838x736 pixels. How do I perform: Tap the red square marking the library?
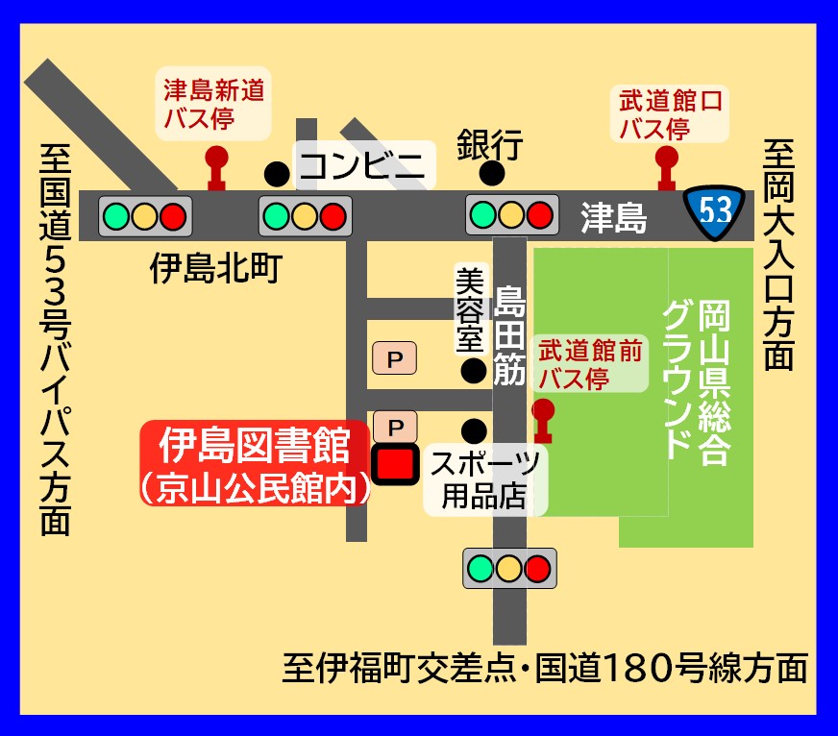394,466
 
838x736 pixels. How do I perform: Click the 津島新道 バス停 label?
213,104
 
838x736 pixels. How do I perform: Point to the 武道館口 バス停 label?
670,112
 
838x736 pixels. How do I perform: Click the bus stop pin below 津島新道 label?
217,167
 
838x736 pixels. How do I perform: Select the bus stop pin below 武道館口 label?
666,167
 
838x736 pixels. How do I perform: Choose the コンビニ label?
363,166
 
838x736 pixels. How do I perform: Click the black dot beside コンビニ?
277,174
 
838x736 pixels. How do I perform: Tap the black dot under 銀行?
492,174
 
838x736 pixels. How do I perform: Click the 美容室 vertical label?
468,307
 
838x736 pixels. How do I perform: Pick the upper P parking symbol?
394,359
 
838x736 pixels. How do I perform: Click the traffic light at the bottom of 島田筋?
509,568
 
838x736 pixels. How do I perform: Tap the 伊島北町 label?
215,269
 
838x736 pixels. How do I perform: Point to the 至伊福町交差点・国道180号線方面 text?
545,668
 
